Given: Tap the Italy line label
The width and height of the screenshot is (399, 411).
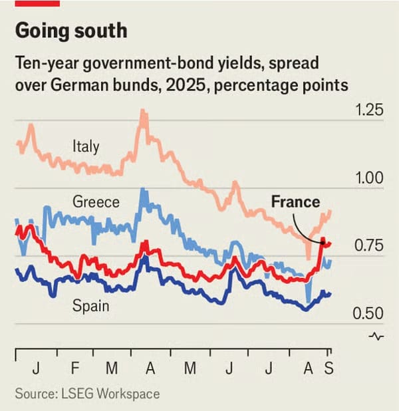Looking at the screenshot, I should tap(86, 146).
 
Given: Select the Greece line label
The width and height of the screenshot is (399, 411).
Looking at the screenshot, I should tap(96, 202).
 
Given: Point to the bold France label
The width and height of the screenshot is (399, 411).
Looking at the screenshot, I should tap(295, 202).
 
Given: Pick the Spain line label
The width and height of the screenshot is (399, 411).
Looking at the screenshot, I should tap(90, 307).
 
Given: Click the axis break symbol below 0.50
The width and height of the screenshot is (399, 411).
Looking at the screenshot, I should tap(376, 336).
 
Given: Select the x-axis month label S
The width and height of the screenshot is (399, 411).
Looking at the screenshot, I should tap(328, 368).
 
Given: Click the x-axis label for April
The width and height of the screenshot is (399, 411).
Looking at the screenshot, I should tap(150, 368).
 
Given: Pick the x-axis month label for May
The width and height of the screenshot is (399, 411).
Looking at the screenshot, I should tap(190, 368).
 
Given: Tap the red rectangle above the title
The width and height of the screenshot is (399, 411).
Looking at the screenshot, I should tap(37, 3).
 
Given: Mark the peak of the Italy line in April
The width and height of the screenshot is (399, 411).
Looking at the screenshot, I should tap(142, 112).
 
